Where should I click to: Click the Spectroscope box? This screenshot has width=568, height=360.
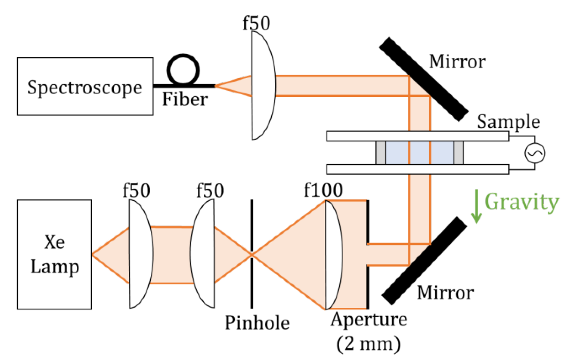[x=85, y=87]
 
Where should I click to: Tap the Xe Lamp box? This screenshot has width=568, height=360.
[x=54, y=254]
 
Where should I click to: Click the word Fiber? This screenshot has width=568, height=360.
[x=185, y=99]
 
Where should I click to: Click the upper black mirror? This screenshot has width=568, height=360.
[x=423, y=79]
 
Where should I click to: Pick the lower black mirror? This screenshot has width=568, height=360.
[x=424, y=261]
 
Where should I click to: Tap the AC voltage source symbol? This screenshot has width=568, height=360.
[x=535, y=153]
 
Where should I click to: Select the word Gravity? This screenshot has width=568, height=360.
[x=521, y=202]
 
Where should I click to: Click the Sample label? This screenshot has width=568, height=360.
[x=508, y=121]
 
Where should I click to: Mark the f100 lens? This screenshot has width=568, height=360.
[x=333, y=255]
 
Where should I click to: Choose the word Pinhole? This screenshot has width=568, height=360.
[x=257, y=323]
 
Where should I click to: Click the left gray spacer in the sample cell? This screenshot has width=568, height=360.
[x=381, y=153]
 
